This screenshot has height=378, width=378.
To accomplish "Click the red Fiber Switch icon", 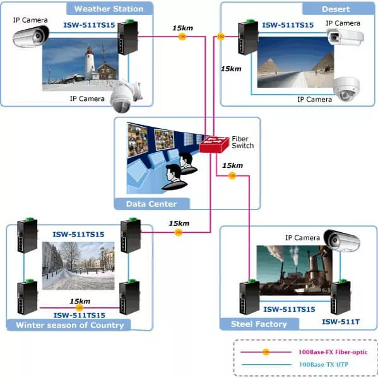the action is click(x=214, y=145).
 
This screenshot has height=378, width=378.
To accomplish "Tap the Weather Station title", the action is click(x=109, y=9).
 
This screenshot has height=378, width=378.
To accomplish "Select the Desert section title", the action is click(x=336, y=9).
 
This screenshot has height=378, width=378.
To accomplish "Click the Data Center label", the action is click(x=151, y=204).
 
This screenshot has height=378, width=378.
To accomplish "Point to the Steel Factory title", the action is click(x=259, y=324).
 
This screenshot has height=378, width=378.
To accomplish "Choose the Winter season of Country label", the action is click(x=69, y=325).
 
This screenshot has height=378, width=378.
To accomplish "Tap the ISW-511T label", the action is click(x=341, y=322).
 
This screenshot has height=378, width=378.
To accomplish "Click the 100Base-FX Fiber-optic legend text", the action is click(x=333, y=352).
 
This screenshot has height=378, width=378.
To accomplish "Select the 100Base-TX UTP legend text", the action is click(x=324, y=365).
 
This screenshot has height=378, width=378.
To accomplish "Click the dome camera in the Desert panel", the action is click(x=346, y=89).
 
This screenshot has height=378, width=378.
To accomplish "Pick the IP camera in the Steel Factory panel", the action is click(x=342, y=240).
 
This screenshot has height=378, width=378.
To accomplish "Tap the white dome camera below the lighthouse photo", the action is click(x=126, y=97).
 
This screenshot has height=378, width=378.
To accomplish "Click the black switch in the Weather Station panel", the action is click(x=127, y=37).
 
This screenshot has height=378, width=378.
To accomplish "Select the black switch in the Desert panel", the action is click(x=248, y=37).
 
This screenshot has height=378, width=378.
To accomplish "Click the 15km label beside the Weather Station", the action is click(x=182, y=28).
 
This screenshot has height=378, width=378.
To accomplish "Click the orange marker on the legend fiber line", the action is click(x=266, y=352).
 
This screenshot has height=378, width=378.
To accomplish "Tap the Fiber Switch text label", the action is click(x=243, y=142).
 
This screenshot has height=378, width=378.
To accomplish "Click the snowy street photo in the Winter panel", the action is click(x=78, y=266).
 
